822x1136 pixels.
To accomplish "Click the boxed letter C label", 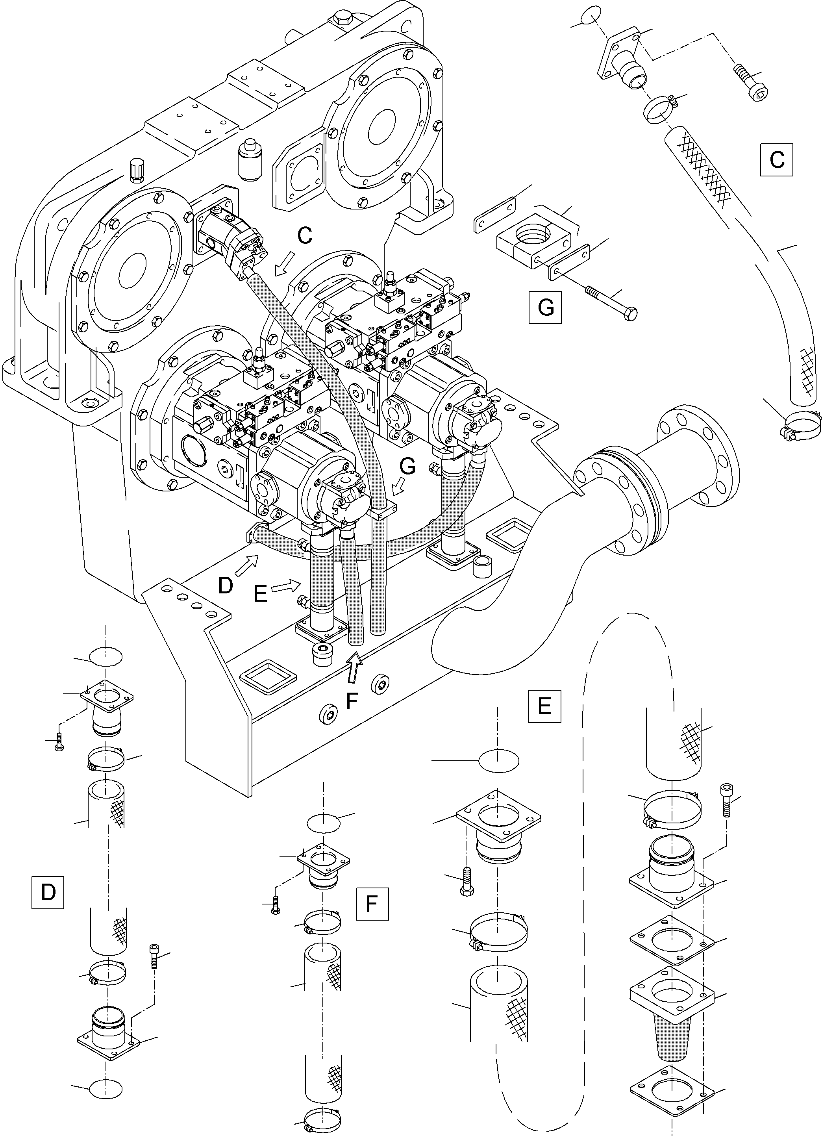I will coord(776,159).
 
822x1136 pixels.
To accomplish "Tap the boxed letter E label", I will coord(544,706).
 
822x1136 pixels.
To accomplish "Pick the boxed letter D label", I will coord(48,892).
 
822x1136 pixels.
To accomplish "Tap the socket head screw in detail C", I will coord(752,83).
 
